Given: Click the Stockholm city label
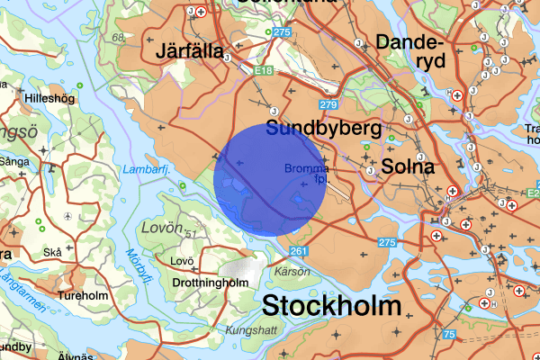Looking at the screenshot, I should point(331,305).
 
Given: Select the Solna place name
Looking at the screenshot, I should point(408,166).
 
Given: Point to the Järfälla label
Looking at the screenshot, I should point(190,50).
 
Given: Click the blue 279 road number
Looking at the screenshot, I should point(328,106).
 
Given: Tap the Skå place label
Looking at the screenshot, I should point(53,254).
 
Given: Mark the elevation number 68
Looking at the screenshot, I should point(119,38).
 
